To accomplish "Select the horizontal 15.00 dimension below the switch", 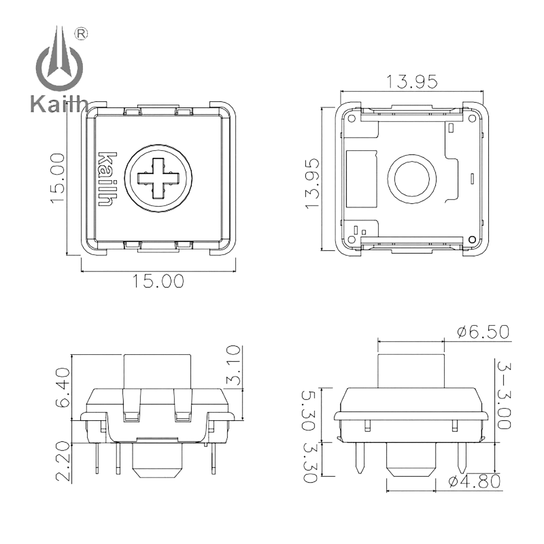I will [158, 281].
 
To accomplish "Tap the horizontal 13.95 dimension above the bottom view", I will [412, 82].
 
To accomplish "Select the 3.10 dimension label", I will [234, 365].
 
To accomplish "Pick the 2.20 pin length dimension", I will [62, 461].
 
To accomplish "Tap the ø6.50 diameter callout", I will [483, 332].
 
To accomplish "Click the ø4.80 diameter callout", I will [474, 481].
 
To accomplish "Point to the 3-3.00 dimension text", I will [504, 395].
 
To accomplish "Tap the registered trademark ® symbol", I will [82, 33].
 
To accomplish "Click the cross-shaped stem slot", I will [158, 177].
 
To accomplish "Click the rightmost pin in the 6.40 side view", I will [213, 456].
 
